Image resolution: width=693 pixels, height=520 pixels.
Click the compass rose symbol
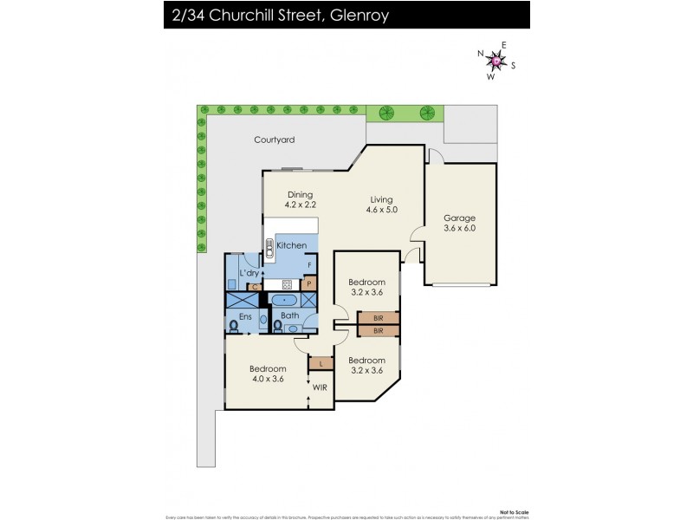click(x=496, y=61)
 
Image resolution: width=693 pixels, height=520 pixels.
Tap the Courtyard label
click(x=274, y=140)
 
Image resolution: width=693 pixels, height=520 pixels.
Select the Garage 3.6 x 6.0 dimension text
click(x=460, y=229)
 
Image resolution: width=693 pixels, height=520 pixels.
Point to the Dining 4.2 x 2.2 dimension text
click(x=300, y=205)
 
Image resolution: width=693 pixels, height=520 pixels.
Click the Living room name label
click(x=381, y=199)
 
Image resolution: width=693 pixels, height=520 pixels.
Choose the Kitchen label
click(x=291, y=246)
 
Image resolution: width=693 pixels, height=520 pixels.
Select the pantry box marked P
click(x=308, y=283)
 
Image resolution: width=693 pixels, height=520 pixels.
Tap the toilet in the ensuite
click(x=235, y=327)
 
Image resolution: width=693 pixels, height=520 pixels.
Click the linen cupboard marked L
click(x=321, y=363)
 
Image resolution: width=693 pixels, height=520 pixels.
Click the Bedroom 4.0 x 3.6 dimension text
click(x=268, y=379)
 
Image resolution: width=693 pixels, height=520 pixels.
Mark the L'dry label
click(x=249, y=274)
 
